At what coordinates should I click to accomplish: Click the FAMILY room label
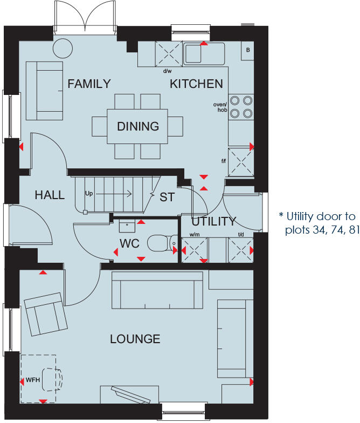(x=89, y=84)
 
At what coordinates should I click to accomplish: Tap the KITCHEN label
(x=196, y=84)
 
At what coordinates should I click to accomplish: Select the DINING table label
(x=138, y=126)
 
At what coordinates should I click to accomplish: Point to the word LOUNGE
(x=135, y=339)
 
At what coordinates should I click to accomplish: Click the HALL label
(x=50, y=195)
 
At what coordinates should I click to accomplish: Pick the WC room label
(x=129, y=244)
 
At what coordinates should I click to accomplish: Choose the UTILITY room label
(x=214, y=221)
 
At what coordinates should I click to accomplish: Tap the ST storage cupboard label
(x=167, y=197)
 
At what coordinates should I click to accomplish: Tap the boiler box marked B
(x=248, y=50)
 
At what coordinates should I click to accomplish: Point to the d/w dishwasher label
(x=167, y=70)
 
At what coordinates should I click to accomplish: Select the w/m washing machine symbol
(x=193, y=251)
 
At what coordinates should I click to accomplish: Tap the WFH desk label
(x=33, y=380)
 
